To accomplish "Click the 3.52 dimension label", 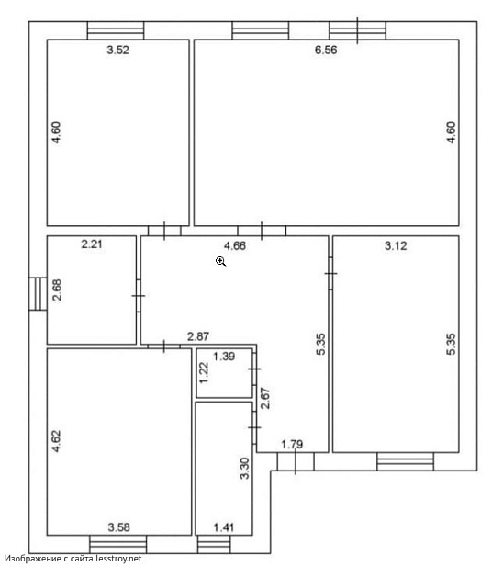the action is [x=117, y=50].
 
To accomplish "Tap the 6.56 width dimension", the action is [x=326, y=50].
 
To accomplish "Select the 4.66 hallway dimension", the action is [x=235, y=246].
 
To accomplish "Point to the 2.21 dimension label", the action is [x=92, y=244].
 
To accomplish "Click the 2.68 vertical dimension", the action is [x=58, y=290].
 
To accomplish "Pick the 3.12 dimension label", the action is [x=396, y=246].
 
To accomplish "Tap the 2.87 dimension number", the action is [x=198, y=336].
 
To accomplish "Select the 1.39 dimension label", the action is [x=224, y=357].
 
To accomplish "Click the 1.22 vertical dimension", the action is [x=205, y=373].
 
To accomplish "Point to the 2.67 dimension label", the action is [x=265, y=398].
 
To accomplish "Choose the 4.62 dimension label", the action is [x=56, y=441].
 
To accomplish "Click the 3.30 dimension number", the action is [x=245, y=469].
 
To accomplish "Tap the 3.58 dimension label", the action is [x=118, y=527].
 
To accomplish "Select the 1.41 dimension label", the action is [x=224, y=527].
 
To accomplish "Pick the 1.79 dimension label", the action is [x=292, y=444].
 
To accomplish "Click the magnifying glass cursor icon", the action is [x=221, y=261].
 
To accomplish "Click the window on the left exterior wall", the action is [x=38, y=294].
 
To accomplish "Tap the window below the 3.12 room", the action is [x=405, y=461].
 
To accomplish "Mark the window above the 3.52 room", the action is [x=116, y=30].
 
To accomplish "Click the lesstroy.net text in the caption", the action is [x=118, y=559].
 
